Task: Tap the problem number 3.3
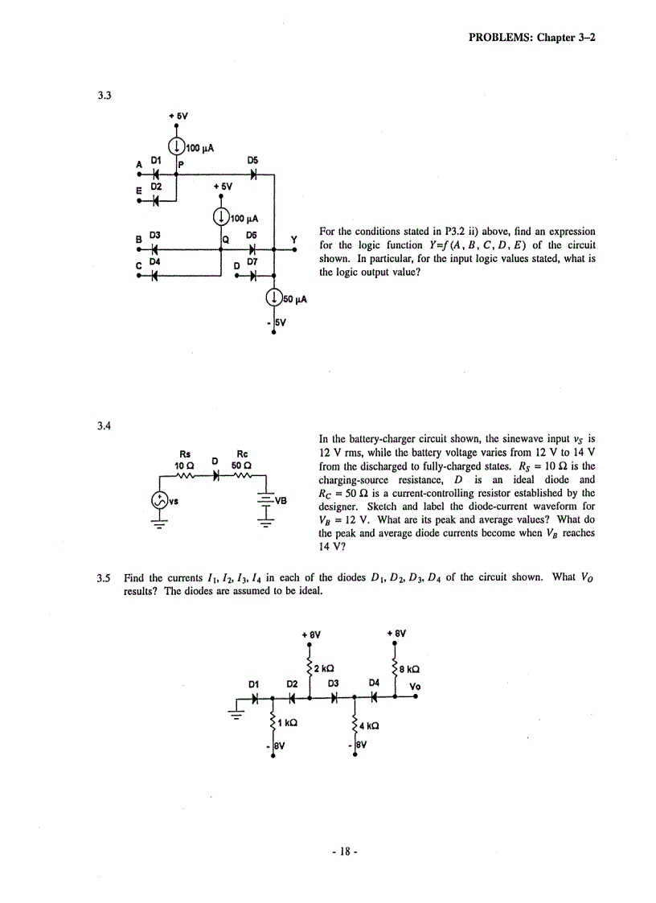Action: click(x=104, y=95)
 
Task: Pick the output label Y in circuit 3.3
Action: click(x=294, y=239)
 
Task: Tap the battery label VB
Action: click(x=281, y=499)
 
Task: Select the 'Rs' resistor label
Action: click(x=184, y=454)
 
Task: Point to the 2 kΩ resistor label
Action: click(x=324, y=667)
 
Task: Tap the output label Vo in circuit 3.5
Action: click(x=415, y=686)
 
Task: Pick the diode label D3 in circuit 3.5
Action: click(x=333, y=683)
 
